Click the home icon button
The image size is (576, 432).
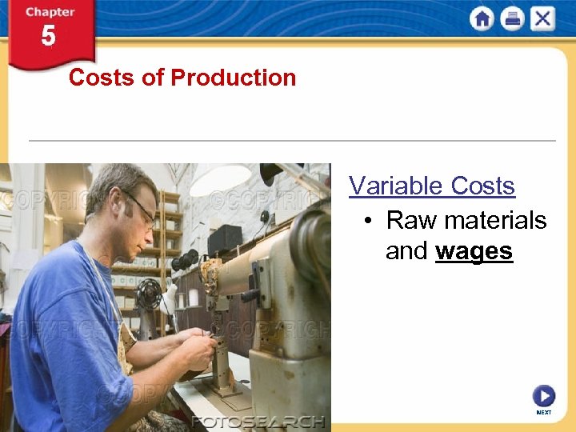[482, 18]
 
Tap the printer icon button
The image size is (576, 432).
[512, 18]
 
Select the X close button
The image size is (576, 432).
[542, 18]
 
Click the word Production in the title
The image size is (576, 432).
[233, 78]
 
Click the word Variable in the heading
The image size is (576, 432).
[397, 186]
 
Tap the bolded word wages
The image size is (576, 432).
[474, 251]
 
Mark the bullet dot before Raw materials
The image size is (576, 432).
[366, 221]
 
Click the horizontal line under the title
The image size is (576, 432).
[292, 141]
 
